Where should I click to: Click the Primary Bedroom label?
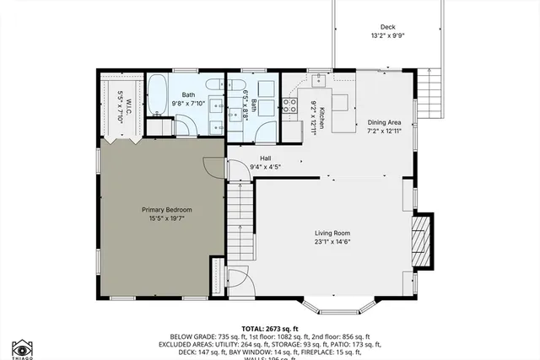(167, 210)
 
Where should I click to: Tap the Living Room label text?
(332, 234)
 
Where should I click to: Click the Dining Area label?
(382, 122)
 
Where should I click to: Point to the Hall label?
(265, 158)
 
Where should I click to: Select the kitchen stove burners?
(289, 105)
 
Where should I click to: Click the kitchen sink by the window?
(319, 81)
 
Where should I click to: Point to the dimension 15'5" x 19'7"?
(167, 219)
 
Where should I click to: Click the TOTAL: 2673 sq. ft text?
(270, 328)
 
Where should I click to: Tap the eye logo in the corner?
(21, 347)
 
